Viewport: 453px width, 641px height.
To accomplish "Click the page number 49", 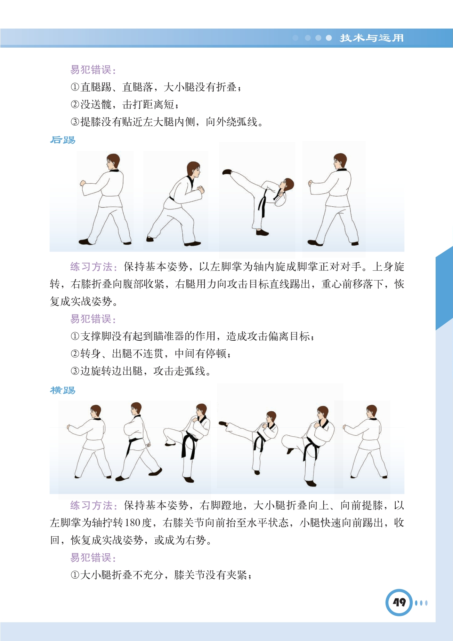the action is (399, 602).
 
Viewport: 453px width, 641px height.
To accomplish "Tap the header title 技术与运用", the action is (372, 38).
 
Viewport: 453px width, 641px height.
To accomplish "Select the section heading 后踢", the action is (63, 140).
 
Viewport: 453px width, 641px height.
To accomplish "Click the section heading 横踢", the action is (63, 390).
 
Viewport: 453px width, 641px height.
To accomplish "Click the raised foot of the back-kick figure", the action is (227, 172).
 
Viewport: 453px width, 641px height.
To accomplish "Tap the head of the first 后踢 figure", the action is (113, 162).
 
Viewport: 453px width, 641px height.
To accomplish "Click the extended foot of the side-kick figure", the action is (223, 424).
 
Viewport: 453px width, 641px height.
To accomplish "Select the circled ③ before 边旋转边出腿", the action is (75, 371).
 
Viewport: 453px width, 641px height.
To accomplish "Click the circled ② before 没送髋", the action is (75, 104).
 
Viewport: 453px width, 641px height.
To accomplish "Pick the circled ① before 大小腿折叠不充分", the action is (75, 575).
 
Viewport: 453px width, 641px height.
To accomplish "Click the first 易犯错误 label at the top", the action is (93, 70).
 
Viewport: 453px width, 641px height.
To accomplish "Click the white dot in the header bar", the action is (329, 38).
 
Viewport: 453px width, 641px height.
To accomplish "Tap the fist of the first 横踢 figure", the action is (69, 427).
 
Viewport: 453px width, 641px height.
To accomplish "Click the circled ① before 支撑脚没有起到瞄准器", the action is (75, 336).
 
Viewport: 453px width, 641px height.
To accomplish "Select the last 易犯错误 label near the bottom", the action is (93, 557).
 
